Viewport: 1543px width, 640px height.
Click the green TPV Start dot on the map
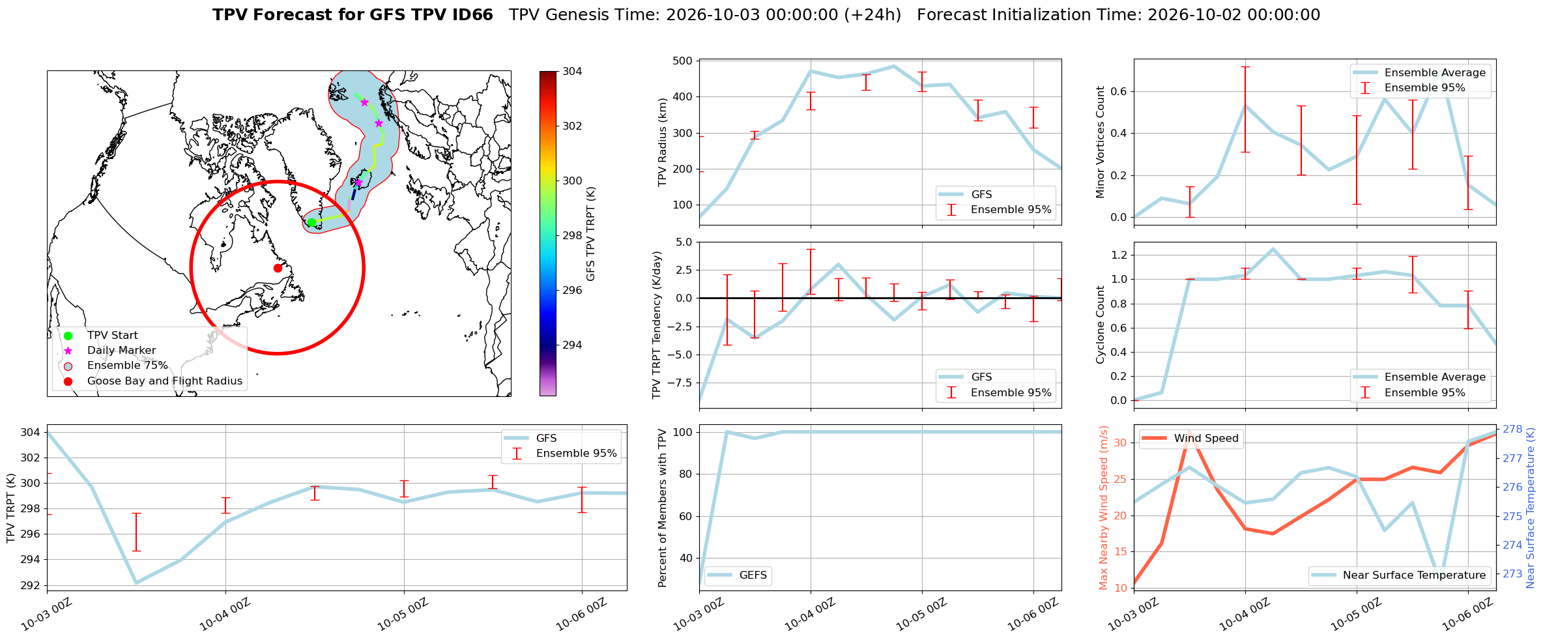click(x=311, y=222)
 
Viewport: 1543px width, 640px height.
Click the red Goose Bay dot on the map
click(x=278, y=268)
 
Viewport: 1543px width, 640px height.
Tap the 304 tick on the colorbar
click(x=573, y=71)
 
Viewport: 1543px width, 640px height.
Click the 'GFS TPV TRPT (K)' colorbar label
click(x=591, y=234)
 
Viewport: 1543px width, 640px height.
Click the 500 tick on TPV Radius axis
click(x=684, y=61)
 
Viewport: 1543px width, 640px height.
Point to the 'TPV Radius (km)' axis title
click(x=663, y=142)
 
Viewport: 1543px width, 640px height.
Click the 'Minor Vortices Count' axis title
click(x=1101, y=142)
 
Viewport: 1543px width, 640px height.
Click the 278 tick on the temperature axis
click(x=1512, y=429)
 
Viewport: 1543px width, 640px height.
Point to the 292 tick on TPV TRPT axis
click(x=31, y=585)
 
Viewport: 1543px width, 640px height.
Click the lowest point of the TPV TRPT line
click(x=136, y=583)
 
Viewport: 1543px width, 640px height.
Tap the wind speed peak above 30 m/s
click(x=1190, y=433)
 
